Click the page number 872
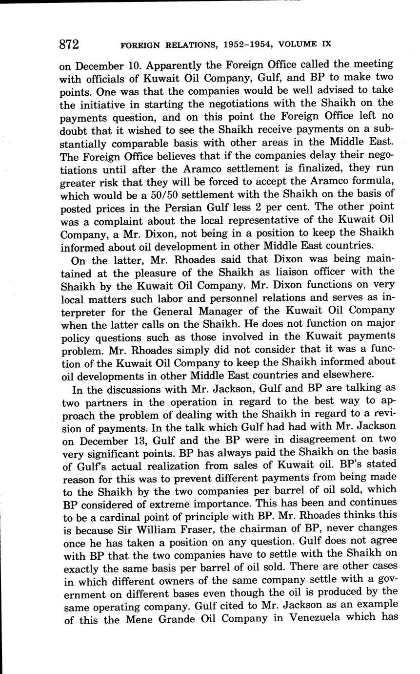pos(69,44)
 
